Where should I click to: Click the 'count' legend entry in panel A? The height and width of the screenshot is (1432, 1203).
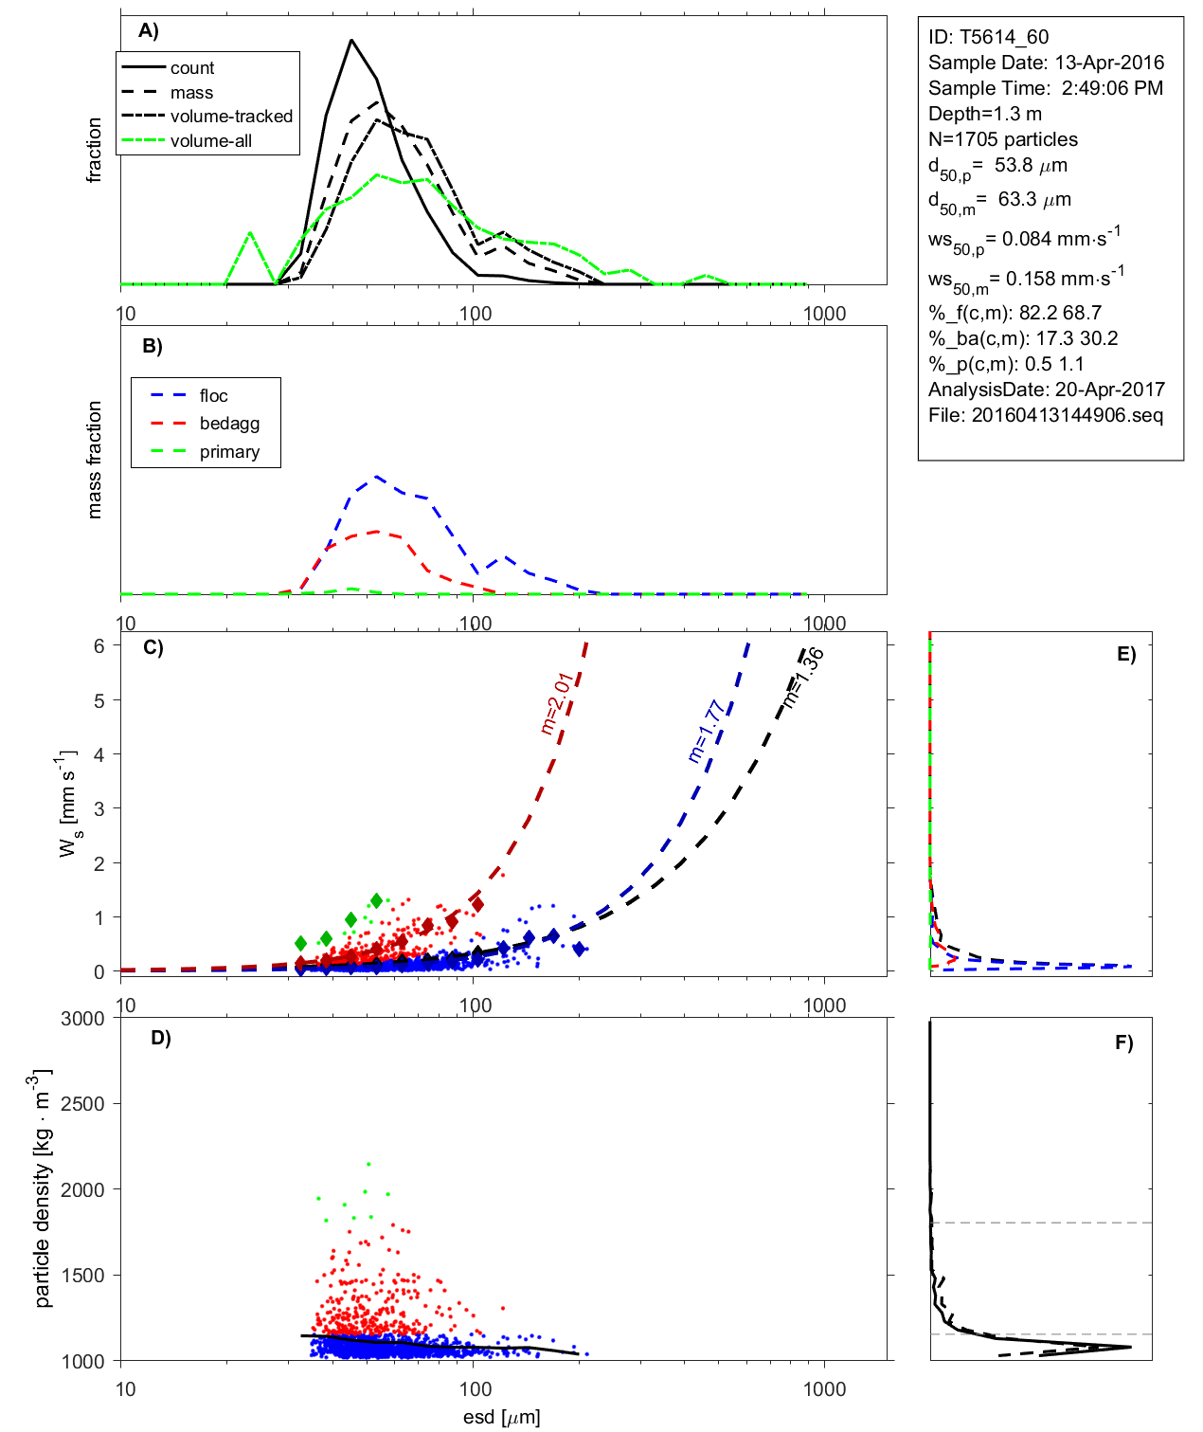pos(192,68)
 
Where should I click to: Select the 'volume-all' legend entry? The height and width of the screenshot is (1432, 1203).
pos(211,141)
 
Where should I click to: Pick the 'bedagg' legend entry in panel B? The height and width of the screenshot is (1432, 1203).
pos(229,424)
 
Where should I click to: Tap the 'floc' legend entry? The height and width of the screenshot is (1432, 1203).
pos(213,396)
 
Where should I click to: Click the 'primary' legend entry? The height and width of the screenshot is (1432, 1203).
pos(229,452)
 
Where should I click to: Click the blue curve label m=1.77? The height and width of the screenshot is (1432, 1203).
pos(706,732)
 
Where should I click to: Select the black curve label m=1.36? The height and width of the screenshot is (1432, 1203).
pos(802,679)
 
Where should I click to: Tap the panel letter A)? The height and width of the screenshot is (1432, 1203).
pos(149,30)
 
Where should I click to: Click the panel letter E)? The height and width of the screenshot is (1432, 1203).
pos(1125,654)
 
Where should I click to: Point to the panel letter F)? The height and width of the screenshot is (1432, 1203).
pos(1123,1042)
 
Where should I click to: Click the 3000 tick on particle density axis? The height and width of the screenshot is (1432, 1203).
pos(82,1019)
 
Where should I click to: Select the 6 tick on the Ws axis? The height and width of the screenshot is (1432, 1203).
pos(99,645)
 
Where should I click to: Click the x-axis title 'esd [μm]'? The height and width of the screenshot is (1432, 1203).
pos(501,1417)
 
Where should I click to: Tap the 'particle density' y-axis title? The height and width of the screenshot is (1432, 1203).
pos(43,1188)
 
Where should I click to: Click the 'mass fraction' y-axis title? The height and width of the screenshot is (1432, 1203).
pos(94,460)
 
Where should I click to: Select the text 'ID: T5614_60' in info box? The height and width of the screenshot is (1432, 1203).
pos(988,37)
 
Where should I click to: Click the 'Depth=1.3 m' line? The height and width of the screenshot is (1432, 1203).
pos(984,114)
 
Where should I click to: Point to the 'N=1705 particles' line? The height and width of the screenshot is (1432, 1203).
pos(1002,139)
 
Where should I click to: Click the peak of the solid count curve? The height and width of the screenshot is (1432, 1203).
pos(351,40)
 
